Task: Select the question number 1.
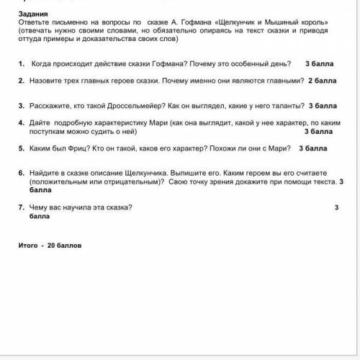click(x=23, y=64)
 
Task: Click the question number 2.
click(x=23, y=82)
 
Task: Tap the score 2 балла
click(x=321, y=82)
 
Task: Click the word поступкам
click(x=54, y=132)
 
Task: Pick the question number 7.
click(x=23, y=208)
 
